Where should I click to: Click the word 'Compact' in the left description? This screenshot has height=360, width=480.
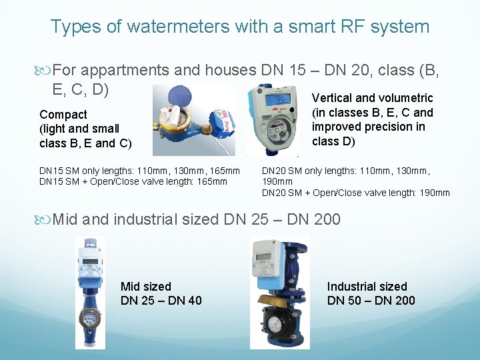pos(63,115)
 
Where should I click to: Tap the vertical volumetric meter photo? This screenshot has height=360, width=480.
pos(275,120)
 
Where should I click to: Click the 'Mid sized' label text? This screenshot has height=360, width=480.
pos(146,287)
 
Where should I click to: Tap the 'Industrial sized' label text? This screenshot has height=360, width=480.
pos(367,287)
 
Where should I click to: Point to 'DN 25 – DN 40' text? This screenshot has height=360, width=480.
pos(161,301)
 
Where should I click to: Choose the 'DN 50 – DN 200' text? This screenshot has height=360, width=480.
pos(371,301)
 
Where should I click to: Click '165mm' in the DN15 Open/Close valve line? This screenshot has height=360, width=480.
pos(211,181)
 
